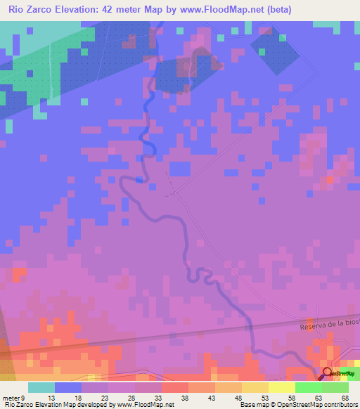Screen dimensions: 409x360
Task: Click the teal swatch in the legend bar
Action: [41, 387]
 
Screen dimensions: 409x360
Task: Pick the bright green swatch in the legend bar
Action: [308, 387]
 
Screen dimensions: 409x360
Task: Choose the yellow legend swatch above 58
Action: [282, 387]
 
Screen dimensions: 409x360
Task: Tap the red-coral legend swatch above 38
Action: [175, 387]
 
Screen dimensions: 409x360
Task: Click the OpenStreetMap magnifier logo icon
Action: [327, 373]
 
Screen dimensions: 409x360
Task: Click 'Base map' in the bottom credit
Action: [252, 405]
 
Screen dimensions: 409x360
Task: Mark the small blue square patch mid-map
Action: [181, 169]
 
